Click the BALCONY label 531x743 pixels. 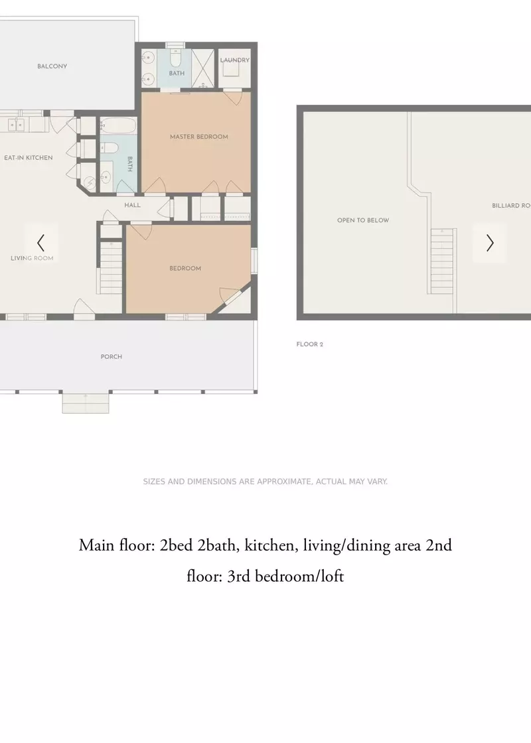coord(52,66)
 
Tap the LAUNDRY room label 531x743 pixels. coord(235,60)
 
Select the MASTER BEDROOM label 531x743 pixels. coord(199,137)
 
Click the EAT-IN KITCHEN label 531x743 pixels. coord(29,158)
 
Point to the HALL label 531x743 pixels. coord(133,205)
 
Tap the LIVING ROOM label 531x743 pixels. coord(32,258)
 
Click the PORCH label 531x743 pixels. coord(112,357)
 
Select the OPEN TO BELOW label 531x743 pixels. coord(363,220)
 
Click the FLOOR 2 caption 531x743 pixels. coord(309,344)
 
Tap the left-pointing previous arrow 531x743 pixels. coord(40,243)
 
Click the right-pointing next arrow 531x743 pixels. coord(491,243)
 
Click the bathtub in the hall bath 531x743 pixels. coord(118,126)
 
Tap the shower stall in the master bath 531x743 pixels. coord(203,68)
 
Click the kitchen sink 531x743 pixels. coord(17,125)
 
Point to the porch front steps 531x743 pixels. coord(86,403)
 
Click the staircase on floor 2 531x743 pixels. coord(442,261)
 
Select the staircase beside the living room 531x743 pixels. coord(112,268)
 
